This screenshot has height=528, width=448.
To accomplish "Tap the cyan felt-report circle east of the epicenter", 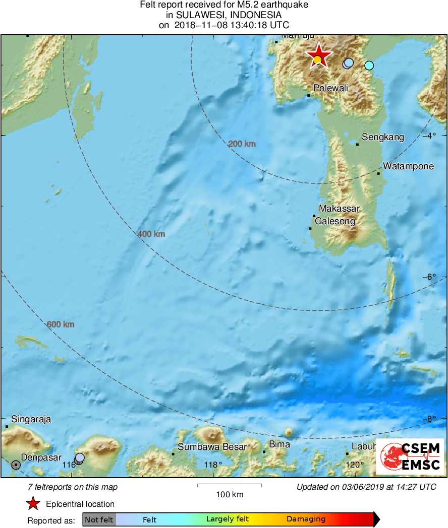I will coord(369,65).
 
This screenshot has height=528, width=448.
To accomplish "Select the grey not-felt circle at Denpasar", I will coord(16,465).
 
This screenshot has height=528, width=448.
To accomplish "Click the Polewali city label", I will coord(331,88).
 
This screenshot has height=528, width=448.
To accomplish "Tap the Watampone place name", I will coord(408,166).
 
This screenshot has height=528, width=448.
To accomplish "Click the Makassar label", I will coord(339,209).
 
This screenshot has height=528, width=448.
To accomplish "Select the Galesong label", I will coord(335,221).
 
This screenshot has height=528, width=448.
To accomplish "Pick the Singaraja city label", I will coord(31,419).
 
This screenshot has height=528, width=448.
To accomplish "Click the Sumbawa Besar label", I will coord(212,447).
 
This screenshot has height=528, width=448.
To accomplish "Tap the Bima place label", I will coord(279,444).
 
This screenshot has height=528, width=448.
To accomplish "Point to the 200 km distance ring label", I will coord(242,144).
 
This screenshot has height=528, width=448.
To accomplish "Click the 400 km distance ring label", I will coord(151,234).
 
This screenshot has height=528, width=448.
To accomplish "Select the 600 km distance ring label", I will coord(61,324).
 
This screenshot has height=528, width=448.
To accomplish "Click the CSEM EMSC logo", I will coord(411,456).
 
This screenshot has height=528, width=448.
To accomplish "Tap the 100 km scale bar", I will coord(230,486).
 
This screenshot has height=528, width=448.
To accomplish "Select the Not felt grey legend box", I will coord(99,519).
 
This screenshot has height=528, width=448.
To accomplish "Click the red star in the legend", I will coord(33,504).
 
